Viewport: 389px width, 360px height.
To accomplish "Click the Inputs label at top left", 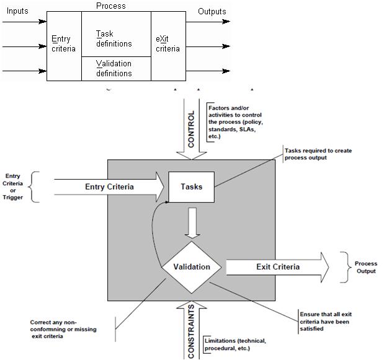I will (x=16, y=11).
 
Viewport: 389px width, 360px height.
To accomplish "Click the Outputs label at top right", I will (x=212, y=11).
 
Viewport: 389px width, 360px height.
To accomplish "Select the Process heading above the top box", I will (x=110, y=6).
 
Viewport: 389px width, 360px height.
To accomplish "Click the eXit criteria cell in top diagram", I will (x=168, y=44).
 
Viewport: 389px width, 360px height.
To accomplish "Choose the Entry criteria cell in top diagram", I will (x=64, y=44).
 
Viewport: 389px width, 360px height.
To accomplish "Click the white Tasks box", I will (x=191, y=187).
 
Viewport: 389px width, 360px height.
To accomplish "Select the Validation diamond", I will (x=191, y=267).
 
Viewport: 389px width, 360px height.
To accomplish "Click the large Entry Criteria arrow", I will (x=109, y=187).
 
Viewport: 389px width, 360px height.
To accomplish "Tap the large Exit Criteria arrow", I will (x=278, y=267).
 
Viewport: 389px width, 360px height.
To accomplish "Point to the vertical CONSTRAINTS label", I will (x=191, y=331).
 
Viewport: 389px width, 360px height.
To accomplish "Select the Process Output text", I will (x=365, y=267).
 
